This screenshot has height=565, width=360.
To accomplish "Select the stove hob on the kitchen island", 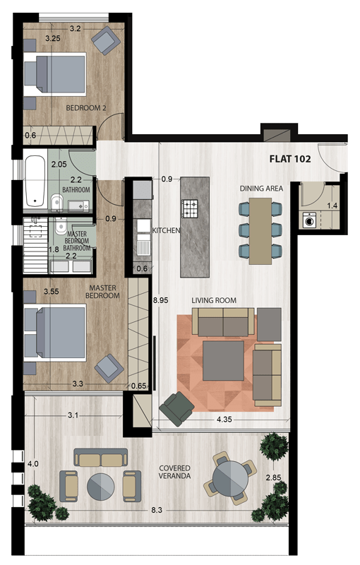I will tap(191, 208).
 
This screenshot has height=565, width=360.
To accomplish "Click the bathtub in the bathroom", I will tap(33, 182).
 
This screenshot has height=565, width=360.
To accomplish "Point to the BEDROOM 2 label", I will tap(85, 108).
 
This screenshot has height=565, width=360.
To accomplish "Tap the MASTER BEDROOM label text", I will tap(102, 292).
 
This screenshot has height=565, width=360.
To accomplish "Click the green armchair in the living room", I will tap(176, 408).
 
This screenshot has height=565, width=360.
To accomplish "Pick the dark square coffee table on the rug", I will tap(224, 361).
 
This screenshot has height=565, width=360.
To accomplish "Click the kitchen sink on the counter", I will tap(143, 247).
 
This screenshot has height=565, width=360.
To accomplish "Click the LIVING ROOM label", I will tap(214, 300).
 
